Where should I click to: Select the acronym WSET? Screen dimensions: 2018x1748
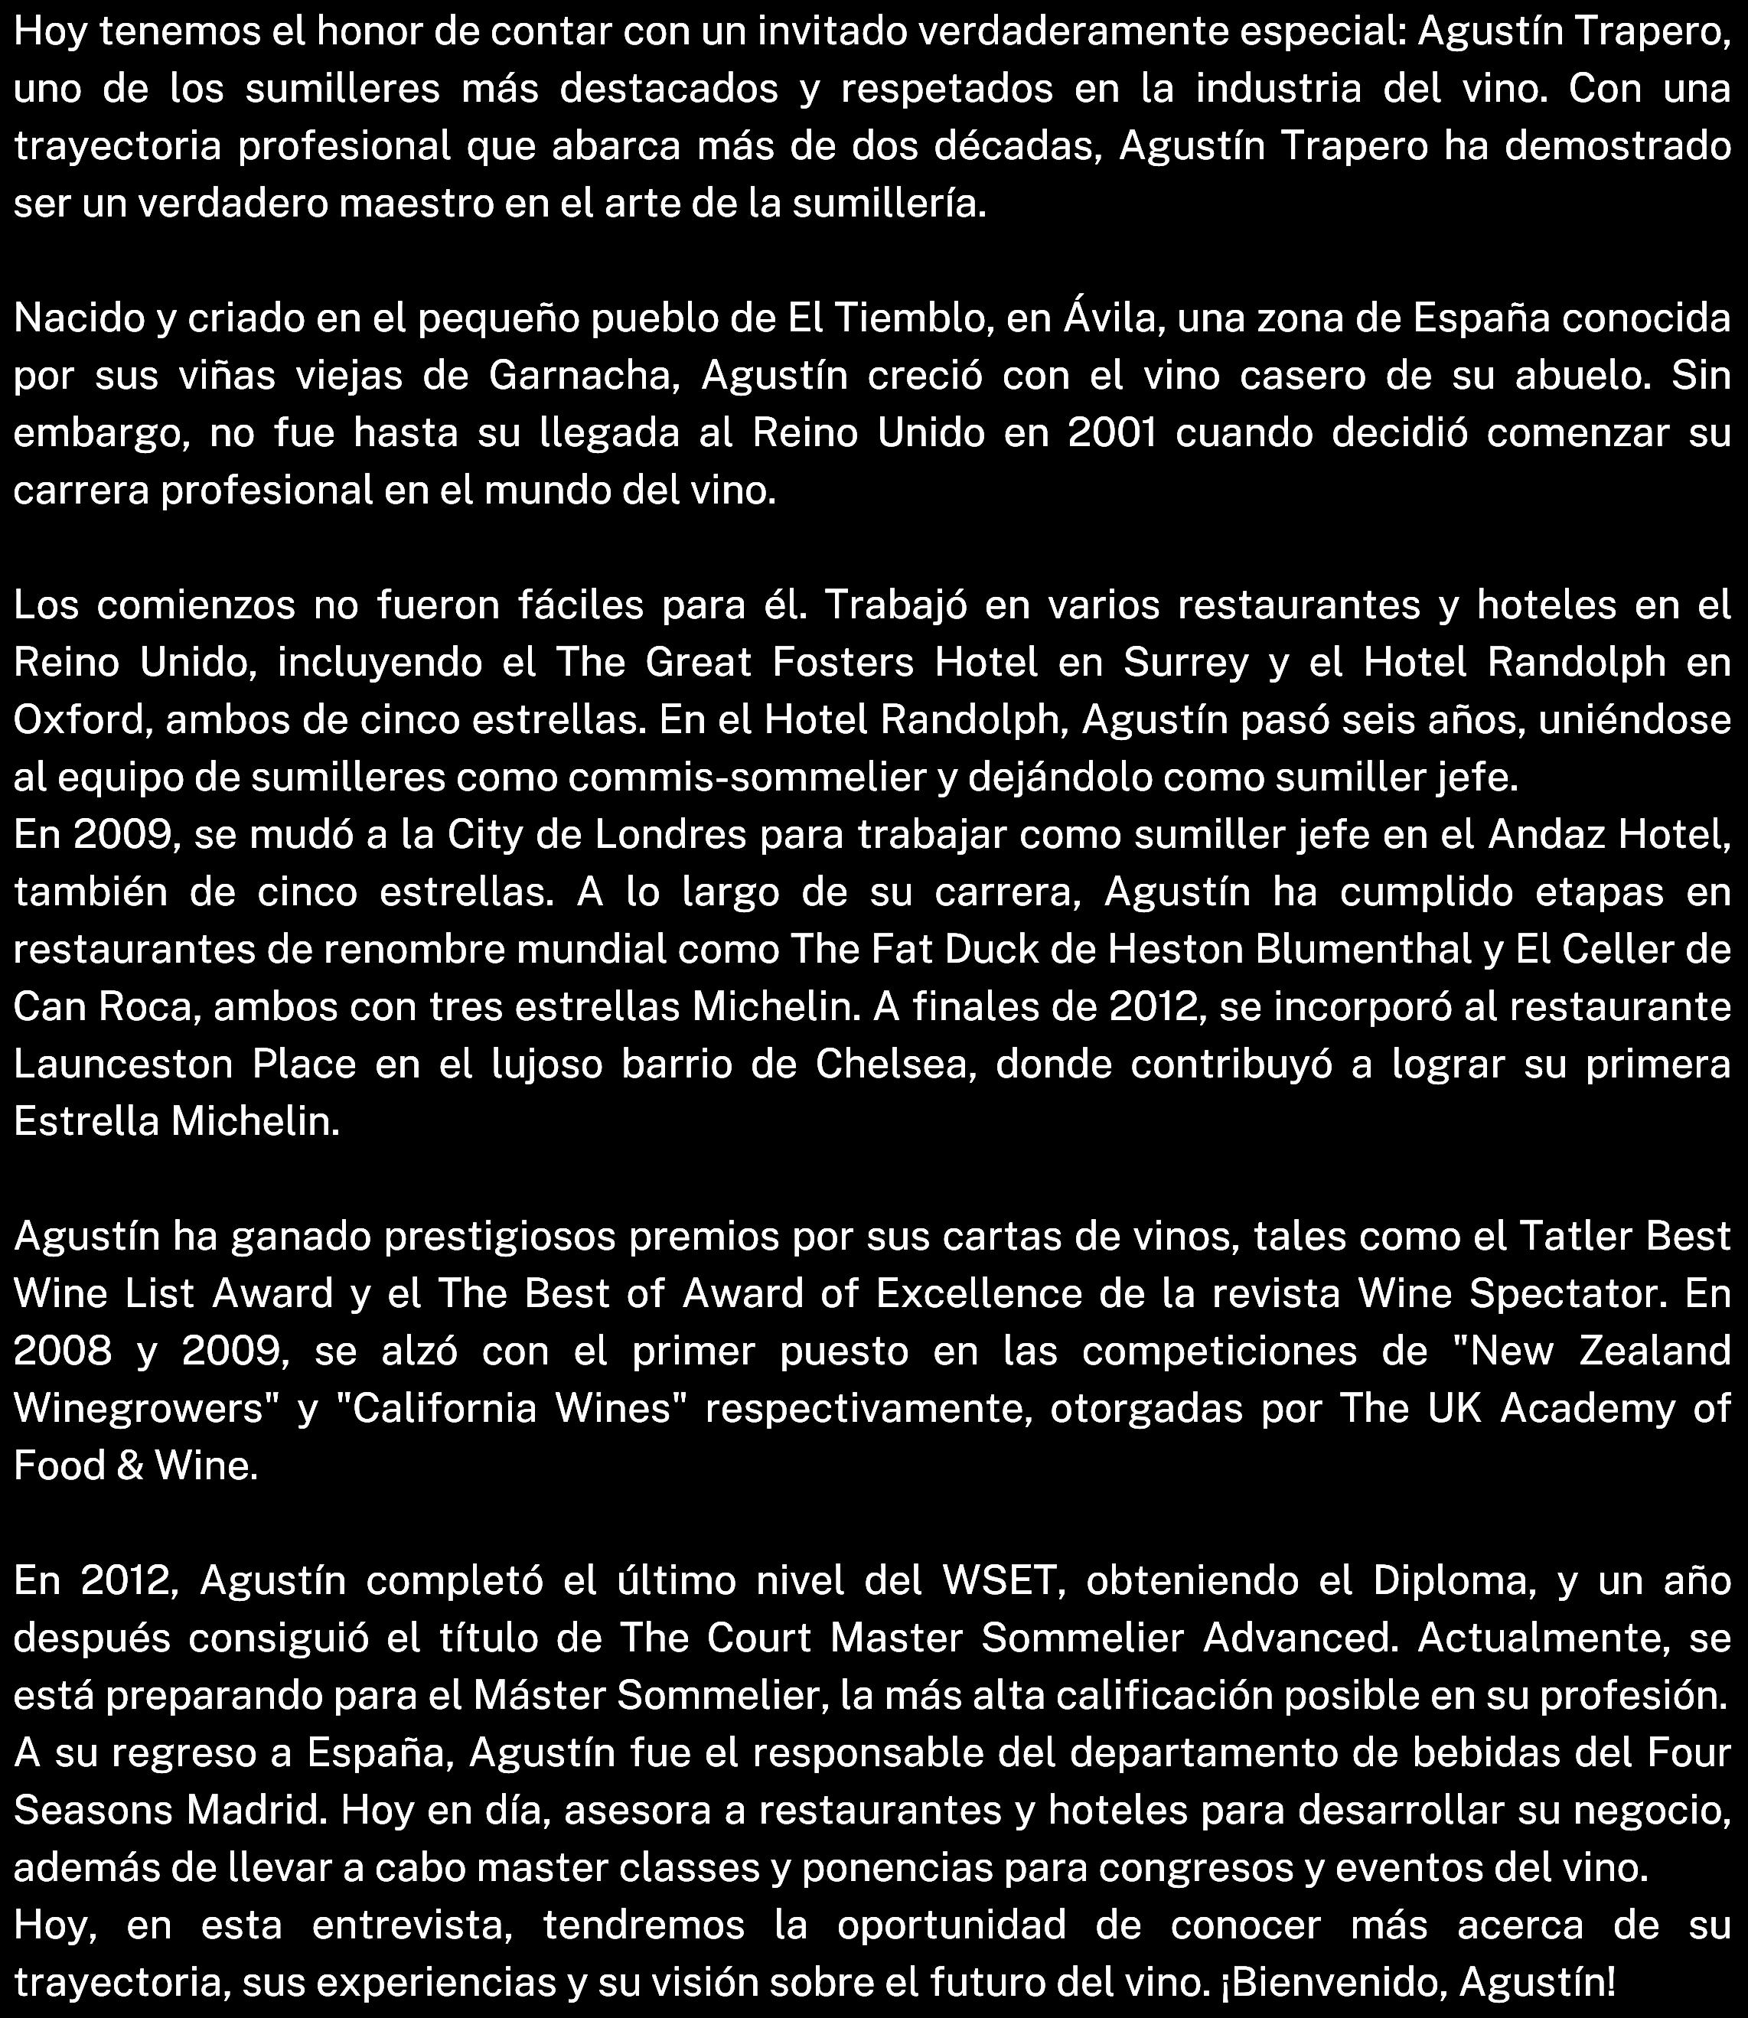(1002, 1581)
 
